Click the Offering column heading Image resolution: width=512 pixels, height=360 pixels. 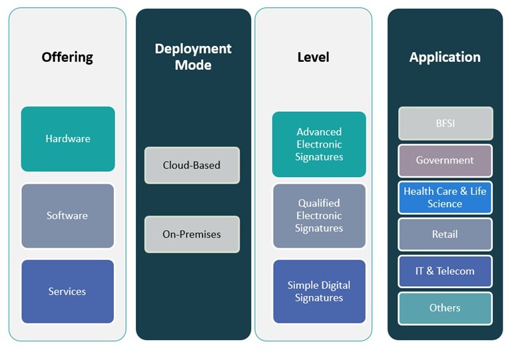point(67,57)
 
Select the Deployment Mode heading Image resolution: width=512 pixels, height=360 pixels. point(193,57)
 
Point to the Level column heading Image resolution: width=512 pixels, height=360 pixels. point(313,57)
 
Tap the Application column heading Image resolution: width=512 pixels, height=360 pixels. point(445,57)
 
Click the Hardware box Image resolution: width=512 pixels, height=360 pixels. point(68,139)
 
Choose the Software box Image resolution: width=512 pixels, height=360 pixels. point(67,216)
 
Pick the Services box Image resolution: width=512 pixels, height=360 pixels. point(67,291)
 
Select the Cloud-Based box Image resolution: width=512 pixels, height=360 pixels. point(192,165)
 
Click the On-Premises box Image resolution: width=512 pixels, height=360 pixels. point(192,234)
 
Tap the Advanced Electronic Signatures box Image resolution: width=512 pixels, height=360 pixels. point(319,144)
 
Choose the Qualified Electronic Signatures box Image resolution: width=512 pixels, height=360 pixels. point(319,216)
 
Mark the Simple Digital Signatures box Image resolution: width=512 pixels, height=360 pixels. point(319,291)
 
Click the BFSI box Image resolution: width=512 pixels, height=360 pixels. point(445,124)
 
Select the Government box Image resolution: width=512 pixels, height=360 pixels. point(445,160)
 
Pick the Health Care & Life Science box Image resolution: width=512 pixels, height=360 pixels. point(445,198)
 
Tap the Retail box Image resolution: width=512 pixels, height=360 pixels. point(445,234)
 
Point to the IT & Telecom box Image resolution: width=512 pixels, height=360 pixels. point(445,271)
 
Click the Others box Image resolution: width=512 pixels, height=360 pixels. point(445,308)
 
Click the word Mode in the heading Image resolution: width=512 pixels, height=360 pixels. point(193,65)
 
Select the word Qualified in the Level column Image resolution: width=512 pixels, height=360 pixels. point(319,203)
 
